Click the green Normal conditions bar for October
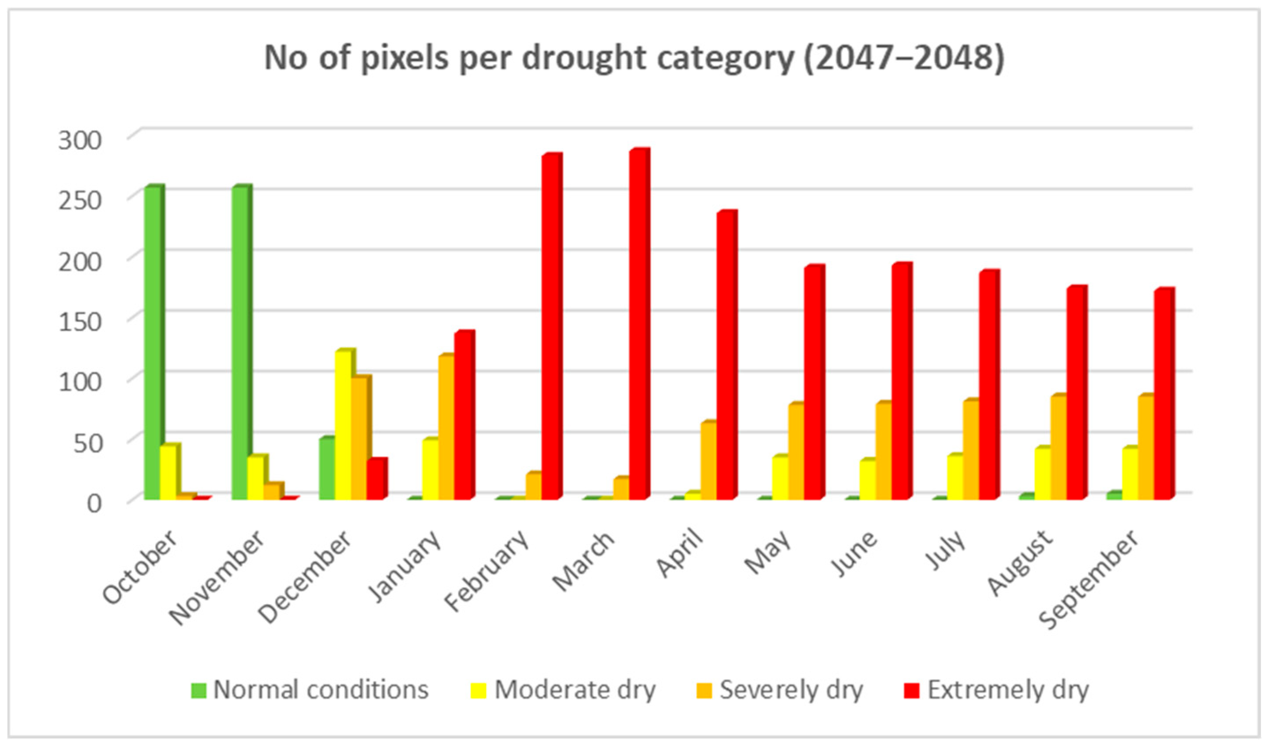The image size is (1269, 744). (x=153, y=342)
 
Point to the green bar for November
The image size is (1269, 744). (x=240, y=342)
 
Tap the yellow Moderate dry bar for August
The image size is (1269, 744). (x=1042, y=473)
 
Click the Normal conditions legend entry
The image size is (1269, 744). (x=310, y=690)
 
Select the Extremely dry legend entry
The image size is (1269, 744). (x=996, y=690)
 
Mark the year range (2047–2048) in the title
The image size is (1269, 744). (x=904, y=57)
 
